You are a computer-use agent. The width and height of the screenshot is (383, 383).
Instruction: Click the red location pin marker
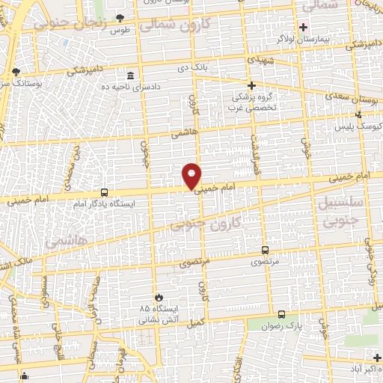pyautogui.click(x=192, y=177)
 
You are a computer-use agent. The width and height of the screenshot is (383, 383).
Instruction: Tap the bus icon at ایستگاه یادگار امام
pyautogui.click(x=104, y=191)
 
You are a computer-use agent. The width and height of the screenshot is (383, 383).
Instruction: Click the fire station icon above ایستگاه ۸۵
pyautogui.click(x=158, y=297)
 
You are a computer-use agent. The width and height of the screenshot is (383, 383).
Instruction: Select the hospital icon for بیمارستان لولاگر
pyautogui.click(x=303, y=27)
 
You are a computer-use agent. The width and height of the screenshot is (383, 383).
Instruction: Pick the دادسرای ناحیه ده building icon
pyautogui.click(x=132, y=76)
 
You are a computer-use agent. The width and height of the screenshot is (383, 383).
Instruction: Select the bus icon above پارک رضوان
pyautogui.click(x=281, y=314)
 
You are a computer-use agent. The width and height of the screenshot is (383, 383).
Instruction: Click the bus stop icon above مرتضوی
pyautogui.click(x=265, y=251)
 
